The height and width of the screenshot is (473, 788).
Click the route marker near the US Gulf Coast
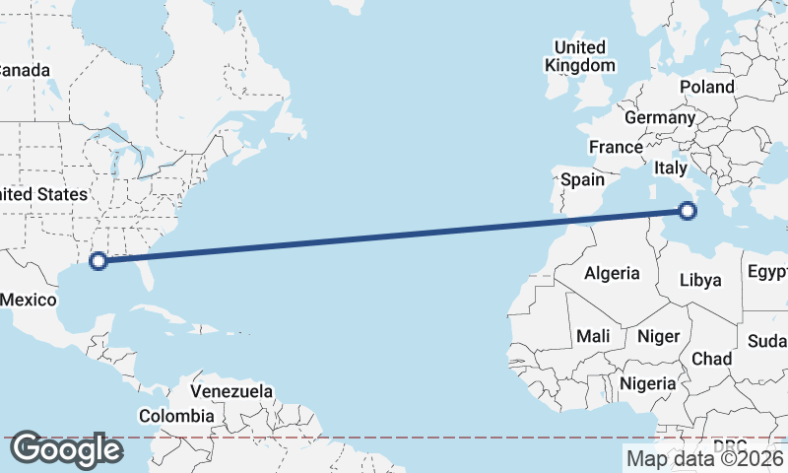pos(98,261)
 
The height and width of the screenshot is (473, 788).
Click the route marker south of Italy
pos(688,210)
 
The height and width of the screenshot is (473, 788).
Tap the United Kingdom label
pos(580,56)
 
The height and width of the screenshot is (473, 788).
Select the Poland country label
pos(706,87)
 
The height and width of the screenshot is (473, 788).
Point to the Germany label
pos(660,117)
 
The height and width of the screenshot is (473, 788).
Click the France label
pos(616,147)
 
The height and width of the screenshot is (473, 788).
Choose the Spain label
pos(582,180)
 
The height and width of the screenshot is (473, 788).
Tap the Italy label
pos(670,169)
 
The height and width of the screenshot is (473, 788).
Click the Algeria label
pos(612,273)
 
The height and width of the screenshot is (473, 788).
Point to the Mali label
pos(593,336)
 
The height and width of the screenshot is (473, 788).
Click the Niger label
pos(659,336)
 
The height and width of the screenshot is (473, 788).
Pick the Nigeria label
pos(648,382)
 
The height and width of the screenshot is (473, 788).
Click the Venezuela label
pos(231,391)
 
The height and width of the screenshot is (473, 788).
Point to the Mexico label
pos(28,300)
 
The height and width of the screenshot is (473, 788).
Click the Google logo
pos(66,449)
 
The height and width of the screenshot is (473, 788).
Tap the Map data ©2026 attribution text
pos(704,457)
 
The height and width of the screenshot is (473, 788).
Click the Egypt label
pos(766,271)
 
